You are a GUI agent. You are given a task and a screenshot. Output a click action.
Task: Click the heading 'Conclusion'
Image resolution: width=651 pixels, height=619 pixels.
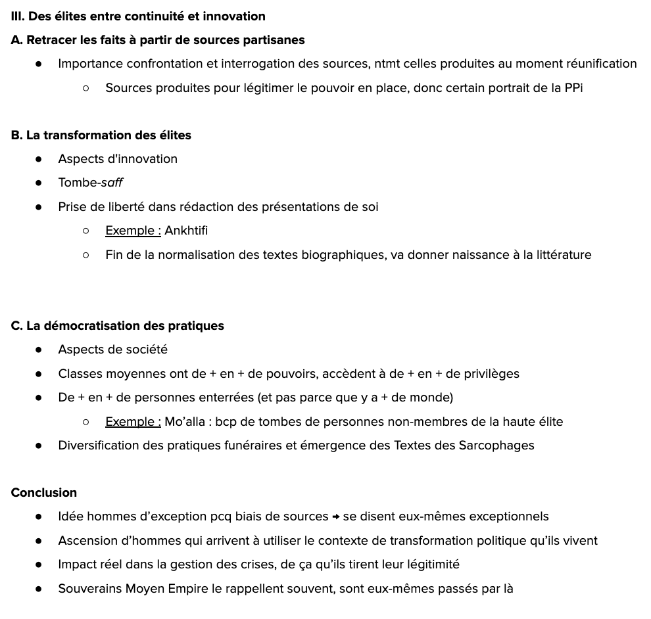[44, 493]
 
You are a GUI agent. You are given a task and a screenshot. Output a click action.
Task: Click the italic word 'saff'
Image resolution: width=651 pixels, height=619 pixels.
[112, 183]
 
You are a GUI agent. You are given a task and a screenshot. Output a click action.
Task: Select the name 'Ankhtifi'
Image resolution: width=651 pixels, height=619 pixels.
[186, 231]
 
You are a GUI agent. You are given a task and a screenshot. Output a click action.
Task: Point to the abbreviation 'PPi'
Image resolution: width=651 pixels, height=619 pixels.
[573, 87]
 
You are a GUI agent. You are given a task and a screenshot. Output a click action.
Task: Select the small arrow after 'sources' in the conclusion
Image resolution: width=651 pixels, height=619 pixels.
[335, 517]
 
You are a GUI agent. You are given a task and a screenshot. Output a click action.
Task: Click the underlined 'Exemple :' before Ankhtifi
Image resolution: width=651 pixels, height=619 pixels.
[133, 231]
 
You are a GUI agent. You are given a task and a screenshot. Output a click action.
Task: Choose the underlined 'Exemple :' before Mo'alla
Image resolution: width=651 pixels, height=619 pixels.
[133, 422]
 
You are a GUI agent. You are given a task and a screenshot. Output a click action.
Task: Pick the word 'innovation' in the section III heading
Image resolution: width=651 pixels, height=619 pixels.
[235, 16]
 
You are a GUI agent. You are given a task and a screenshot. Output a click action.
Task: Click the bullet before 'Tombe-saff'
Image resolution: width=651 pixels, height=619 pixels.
[39, 183]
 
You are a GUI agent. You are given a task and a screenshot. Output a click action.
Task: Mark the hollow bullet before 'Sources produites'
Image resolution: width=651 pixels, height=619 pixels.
[86, 87]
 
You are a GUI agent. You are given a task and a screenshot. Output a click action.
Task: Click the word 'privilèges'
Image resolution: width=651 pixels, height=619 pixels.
[491, 374]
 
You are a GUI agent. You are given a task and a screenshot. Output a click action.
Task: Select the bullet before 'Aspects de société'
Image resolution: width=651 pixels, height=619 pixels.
[39, 350]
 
